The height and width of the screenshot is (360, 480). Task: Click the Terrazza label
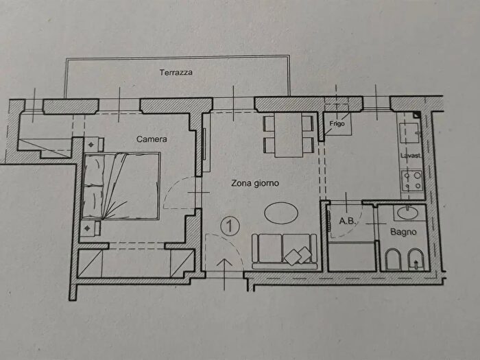pos(176,73)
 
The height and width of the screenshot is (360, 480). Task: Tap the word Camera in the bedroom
pos(152,139)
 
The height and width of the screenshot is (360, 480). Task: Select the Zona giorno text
pos(255,183)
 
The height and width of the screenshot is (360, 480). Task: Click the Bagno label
pos(403,232)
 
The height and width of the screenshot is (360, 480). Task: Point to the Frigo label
pos(337,123)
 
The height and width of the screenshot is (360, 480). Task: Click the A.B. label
pos(347,220)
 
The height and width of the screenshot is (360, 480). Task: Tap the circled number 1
pos(229,226)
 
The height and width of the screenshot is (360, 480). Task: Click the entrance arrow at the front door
pos(225,274)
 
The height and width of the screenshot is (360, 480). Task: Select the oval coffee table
pos(281,213)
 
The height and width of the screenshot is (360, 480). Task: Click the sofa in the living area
pos(285,252)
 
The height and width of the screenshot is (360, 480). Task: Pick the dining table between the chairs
pos(289,134)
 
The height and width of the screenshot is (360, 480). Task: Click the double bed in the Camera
pos(121,186)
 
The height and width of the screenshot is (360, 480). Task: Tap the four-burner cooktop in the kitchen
pos(411,180)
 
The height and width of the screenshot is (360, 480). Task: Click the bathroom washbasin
pos(409,213)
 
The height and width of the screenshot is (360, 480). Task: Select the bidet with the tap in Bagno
pos(416,260)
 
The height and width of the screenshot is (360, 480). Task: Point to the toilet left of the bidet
pos(393,260)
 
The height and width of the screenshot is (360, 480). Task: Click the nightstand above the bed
pos(93,144)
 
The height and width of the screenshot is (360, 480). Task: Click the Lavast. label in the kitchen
pos(411,156)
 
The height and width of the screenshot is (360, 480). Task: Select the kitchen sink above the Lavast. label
pos(410,133)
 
